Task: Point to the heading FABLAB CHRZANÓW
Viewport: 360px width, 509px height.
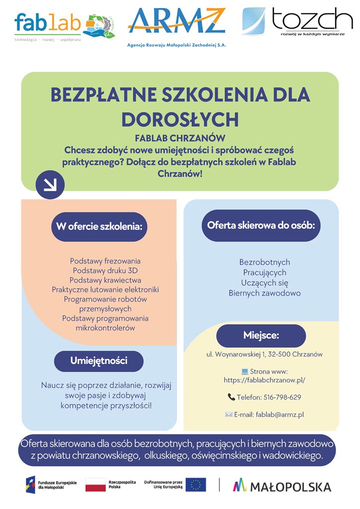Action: (x=180, y=138)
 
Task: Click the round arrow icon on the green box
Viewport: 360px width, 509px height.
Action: (x=50, y=184)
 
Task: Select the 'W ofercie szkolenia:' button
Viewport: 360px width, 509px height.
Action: (x=99, y=227)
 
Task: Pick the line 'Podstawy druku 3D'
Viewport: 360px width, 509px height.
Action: (x=105, y=270)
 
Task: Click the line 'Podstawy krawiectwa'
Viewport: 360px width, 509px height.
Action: (x=105, y=280)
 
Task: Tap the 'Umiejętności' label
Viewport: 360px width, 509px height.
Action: (x=98, y=360)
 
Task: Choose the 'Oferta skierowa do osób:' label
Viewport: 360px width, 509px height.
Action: (x=261, y=225)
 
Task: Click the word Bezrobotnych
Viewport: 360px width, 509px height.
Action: (x=265, y=262)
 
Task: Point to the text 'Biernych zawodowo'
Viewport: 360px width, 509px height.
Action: (x=265, y=293)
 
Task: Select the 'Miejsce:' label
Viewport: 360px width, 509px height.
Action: (x=261, y=335)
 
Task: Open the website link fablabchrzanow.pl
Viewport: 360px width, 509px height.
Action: (x=264, y=380)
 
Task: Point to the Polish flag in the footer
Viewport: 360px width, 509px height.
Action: (x=95, y=485)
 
